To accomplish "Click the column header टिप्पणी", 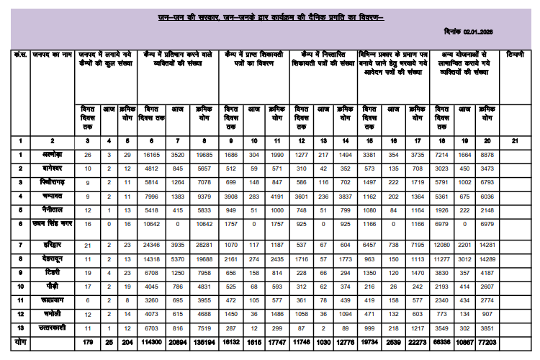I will pyautogui.click(x=516, y=55).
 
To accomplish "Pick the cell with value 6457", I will pyautogui.click(x=370, y=246).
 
